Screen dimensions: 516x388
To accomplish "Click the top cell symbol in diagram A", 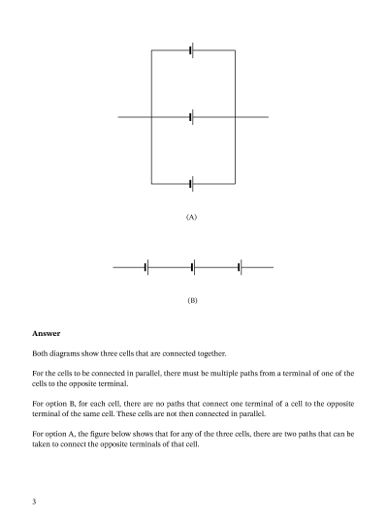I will tap(192, 50).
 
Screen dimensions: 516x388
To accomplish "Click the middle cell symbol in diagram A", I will tap(192, 117).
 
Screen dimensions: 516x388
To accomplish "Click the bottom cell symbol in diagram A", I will tap(192, 183).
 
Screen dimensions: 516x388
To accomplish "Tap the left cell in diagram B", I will tap(146, 266).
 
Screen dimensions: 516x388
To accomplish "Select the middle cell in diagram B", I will tap(193, 266).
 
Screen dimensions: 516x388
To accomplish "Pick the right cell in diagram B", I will tap(240, 266).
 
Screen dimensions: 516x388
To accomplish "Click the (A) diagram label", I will tap(192, 218).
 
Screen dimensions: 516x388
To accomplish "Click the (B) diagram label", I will tap(192, 301).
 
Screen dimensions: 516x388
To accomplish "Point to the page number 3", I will tap(34, 501).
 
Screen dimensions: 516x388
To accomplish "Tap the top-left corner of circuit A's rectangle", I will tap(151, 50).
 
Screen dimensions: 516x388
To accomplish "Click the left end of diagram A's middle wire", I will tap(119, 117).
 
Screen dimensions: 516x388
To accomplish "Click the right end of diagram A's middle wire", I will tap(268, 117).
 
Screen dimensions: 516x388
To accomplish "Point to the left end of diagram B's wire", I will tap(113, 266).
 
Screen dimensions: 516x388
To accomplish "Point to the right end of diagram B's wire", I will tap(273, 266).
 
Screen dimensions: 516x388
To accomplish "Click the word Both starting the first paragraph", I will tap(41, 353).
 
